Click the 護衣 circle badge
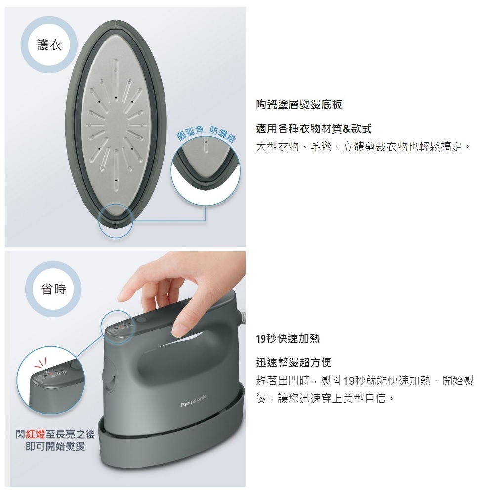(x=49, y=45)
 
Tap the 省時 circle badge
(x=53, y=289)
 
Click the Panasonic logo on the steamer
(x=194, y=401)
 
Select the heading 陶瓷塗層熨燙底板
(x=299, y=105)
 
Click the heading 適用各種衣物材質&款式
(x=314, y=129)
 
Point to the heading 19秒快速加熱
(x=288, y=339)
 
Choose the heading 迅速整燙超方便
(x=293, y=362)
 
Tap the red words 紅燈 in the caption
(x=36, y=434)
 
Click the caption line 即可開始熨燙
(x=55, y=446)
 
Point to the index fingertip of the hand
(x=122, y=296)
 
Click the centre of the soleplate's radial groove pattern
(x=116, y=122)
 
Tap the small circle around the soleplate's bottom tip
(x=116, y=220)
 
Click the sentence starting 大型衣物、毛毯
(x=363, y=147)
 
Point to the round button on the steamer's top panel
(x=141, y=320)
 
